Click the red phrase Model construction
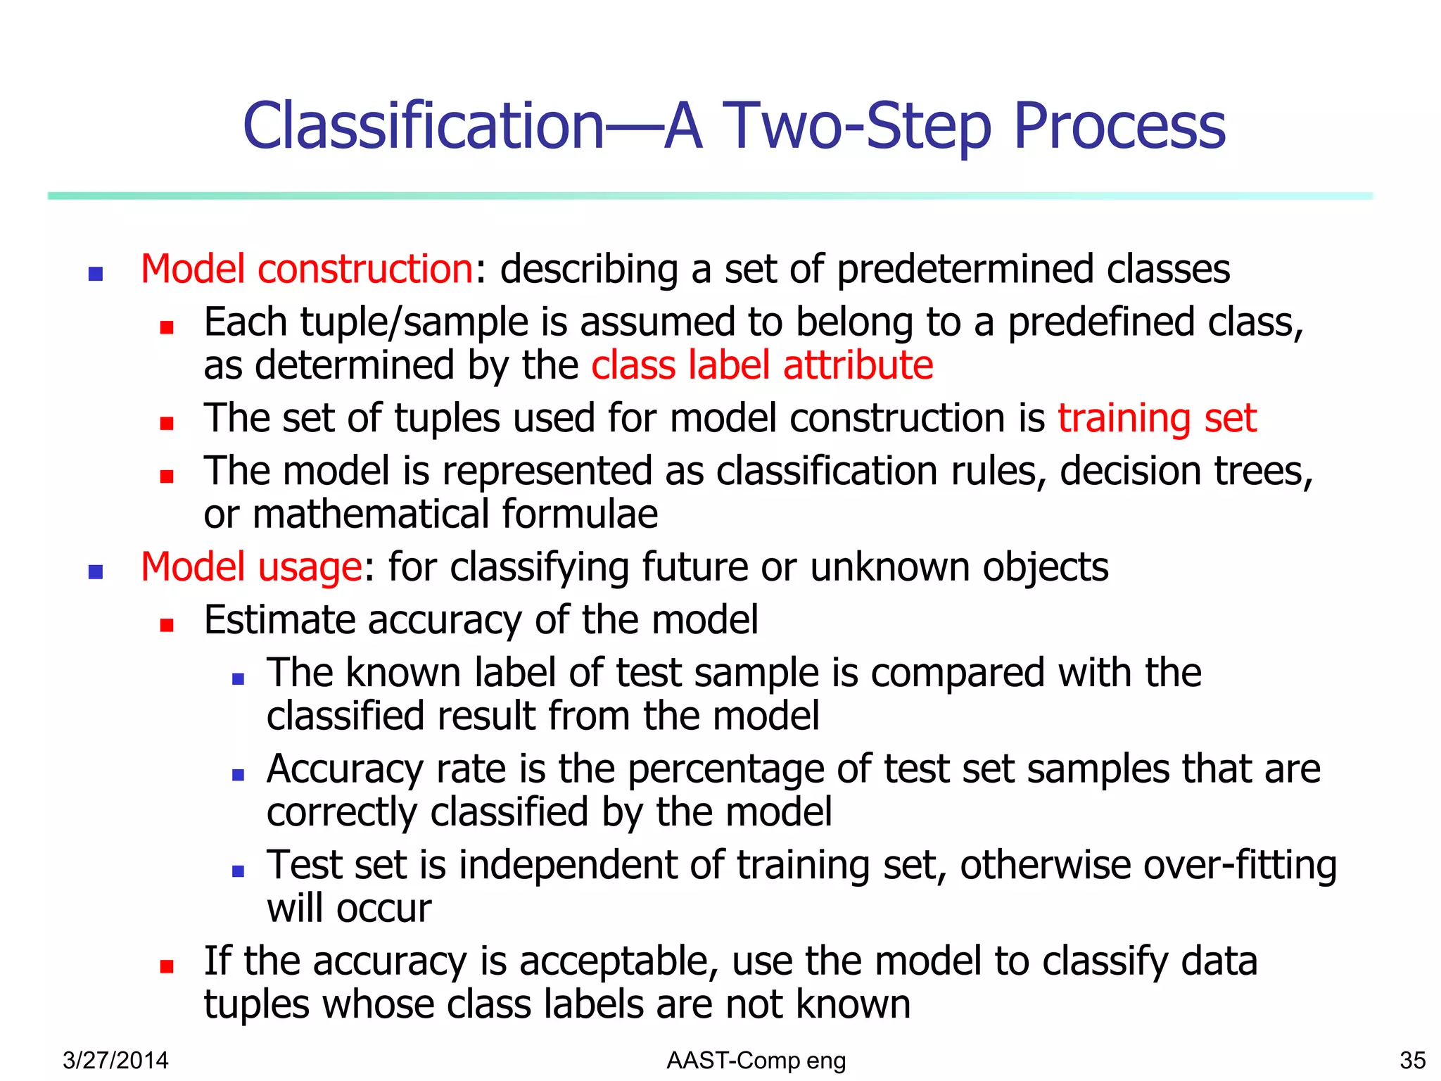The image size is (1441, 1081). click(307, 269)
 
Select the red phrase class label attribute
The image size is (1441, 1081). click(762, 365)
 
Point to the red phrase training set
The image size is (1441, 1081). click(1157, 418)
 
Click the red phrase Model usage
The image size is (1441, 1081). click(251, 567)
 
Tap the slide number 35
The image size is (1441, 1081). click(1412, 1060)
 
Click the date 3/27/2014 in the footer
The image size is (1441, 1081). click(115, 1060)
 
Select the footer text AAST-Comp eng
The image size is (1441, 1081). click(756, 1060)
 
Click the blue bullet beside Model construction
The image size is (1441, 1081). click(96, 273)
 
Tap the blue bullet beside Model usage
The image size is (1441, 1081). click(96, 571)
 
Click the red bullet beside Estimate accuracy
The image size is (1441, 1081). click(167, 625)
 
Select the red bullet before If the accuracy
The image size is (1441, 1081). click(167, 966)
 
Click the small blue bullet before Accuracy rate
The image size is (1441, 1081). click(238, 775)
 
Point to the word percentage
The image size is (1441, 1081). click(725, 769)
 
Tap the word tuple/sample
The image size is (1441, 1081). click(414, 322)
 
